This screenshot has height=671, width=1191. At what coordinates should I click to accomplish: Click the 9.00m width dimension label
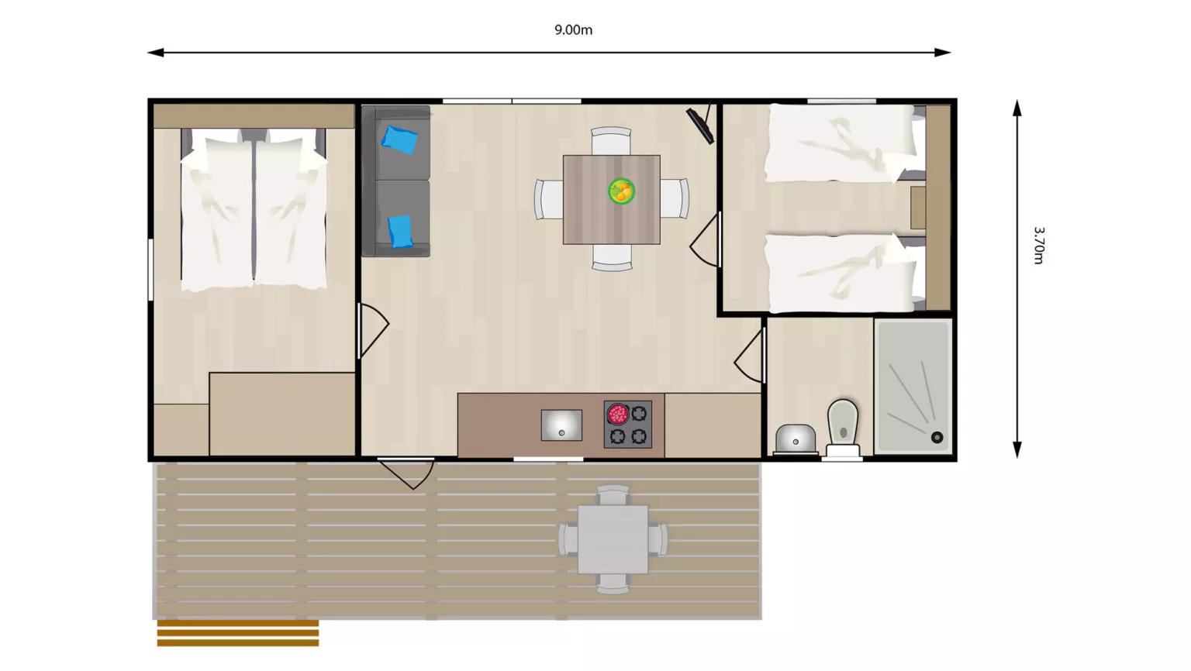(573, 29)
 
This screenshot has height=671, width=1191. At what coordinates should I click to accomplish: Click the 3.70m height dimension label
(1038, 246)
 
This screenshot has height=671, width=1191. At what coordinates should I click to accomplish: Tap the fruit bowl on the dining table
(622, 191)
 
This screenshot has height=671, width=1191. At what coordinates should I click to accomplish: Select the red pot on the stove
(617, 414)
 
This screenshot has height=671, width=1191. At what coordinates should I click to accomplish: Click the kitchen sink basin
(561, 425)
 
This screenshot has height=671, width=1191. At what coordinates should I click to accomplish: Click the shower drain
(937, 438)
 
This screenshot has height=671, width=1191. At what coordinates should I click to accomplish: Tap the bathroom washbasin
(796, 439)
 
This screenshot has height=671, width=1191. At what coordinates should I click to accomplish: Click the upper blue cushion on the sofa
(399, 139)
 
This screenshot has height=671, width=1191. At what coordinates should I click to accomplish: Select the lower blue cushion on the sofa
(400, 231)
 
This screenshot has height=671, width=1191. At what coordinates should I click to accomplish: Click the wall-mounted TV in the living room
(701, 124)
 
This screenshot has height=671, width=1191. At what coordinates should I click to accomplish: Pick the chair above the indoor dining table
(612, 141)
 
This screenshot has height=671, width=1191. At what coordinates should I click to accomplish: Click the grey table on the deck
(613, 539)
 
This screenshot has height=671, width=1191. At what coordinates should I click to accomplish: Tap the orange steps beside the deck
(238, 633)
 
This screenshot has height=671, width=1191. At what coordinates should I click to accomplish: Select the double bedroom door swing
(374, 330)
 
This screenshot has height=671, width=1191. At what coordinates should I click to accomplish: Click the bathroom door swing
(750, 354)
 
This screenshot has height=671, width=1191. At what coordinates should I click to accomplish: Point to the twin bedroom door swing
(705, 239)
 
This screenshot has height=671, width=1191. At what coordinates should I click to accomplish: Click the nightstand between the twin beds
(918, 208)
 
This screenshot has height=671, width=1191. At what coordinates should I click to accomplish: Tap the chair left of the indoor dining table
(549, 199)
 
